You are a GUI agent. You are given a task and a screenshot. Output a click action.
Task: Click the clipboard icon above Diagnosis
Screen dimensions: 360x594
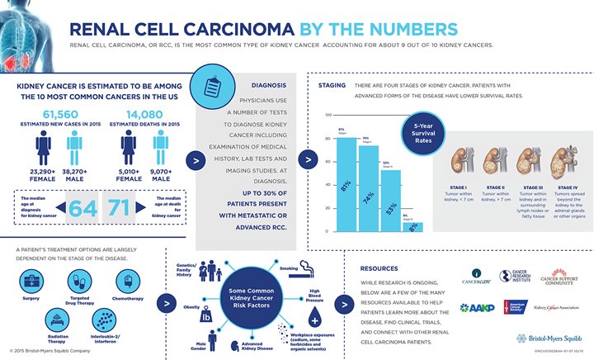coord(210,85)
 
